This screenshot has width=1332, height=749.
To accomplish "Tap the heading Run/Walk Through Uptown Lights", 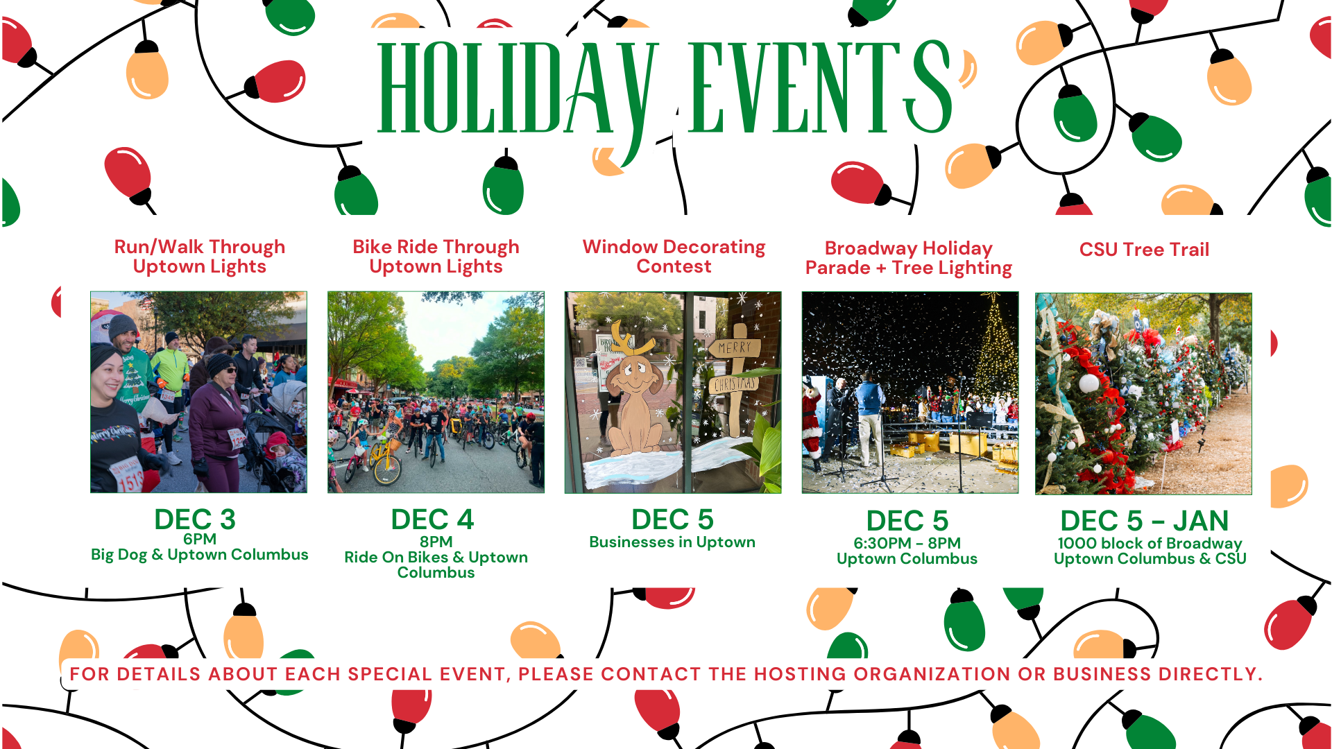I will coord(199,257).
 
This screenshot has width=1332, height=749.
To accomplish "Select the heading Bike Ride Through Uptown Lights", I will coord(436,257).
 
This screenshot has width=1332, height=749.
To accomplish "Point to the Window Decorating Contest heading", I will coord(674,257).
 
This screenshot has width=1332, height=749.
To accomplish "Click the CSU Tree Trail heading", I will coord(1144,250).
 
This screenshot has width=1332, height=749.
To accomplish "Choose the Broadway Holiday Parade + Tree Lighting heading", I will coord(908,258).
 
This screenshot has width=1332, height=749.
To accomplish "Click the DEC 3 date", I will coord(195,519).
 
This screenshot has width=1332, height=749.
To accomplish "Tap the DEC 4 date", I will coord(432,519).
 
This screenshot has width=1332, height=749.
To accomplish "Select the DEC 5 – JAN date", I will coord(1144,521).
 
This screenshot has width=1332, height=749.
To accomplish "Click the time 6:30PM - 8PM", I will coord(907,543).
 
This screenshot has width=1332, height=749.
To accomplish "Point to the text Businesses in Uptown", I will coord(672,542).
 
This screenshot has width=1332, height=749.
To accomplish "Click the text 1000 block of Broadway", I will coord(1150,543).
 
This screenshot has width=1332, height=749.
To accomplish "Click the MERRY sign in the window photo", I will coord(734,347).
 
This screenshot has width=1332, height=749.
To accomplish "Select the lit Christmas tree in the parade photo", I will coord(995,354).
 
